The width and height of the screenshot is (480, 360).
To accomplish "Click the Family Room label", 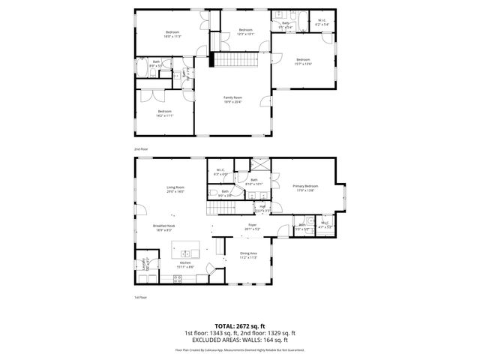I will (x=232, y=97).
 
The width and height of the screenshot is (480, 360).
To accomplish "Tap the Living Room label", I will (x=175, y=187).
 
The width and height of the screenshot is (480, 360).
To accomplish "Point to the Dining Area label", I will (x=248, y=254).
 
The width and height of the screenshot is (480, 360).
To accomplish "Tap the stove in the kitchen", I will (x=178, y=278).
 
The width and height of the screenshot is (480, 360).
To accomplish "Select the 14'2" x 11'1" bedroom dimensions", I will (x=165, y=113).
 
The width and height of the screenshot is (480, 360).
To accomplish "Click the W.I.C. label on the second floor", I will (x=321, y=22).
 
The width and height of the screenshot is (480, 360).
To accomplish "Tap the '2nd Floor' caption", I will (x=141, y=149).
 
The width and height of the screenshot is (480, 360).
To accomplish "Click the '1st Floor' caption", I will (x=141, y=297).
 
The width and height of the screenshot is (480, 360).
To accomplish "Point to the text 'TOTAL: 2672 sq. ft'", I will (x=239, y=325).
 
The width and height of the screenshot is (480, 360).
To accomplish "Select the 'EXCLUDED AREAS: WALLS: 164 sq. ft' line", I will (x=239, y=340).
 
